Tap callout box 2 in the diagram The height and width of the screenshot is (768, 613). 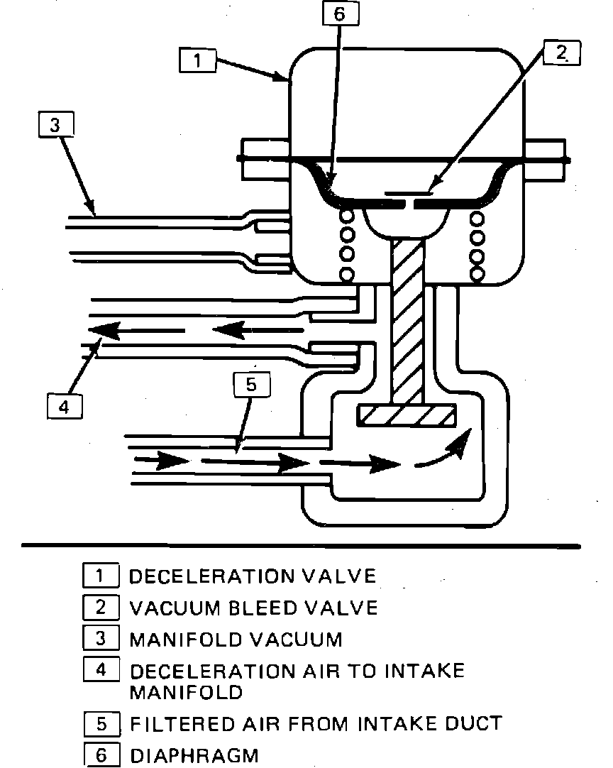click(x=561, y=53)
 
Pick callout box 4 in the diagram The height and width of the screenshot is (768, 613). click(x=64, y=407)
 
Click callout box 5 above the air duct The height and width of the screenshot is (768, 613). click(x=253, y=385)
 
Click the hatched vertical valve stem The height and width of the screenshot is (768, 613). click(x=407, y=319)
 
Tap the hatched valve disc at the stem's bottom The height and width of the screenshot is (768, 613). click(x=407, y=416)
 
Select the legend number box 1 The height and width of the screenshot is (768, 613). click(x=101, y=575)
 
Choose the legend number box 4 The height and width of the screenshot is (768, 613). click(x=101, y=671)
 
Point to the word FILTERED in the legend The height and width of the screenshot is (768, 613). click(x=180, y=724)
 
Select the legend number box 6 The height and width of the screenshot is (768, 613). click(x=101, y=755)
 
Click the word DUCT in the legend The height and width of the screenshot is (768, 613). click(x=475, y=724)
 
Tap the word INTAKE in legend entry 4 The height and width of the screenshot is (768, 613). click(x=426, y=671)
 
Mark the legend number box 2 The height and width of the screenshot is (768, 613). click(x=101, y=608)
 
